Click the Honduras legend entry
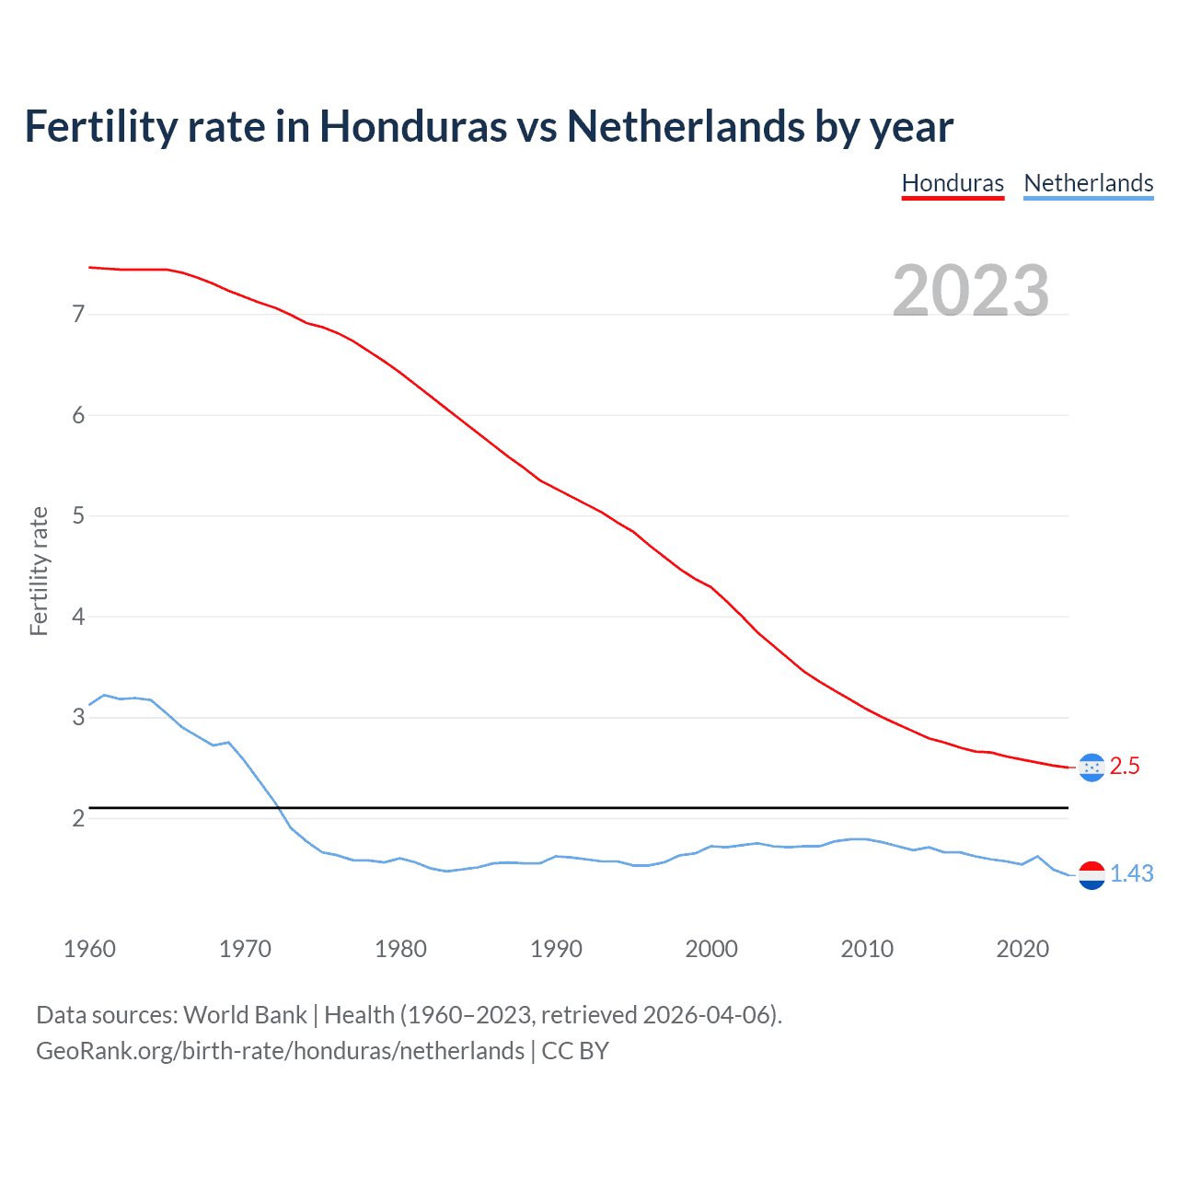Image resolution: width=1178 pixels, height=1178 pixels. pyautogui.click(x=953, y=183)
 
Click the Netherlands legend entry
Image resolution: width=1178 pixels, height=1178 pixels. pyautogui.click(x=1088, y=183)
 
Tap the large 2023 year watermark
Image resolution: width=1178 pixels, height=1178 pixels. pyautogui.click(x=970, y=291)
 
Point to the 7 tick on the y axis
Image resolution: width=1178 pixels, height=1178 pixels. pyautogui.click(x=78, y=315)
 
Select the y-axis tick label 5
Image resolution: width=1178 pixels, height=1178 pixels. pyautogui.click(x=78, y=516)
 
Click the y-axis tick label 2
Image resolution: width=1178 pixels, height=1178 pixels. pyautogui.click(x=78, y=818)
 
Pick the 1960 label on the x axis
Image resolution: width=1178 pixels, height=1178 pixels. pyautogui.click(x=89, y=949)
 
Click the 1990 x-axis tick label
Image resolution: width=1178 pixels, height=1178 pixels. pyautogui.click(x=556, y=949)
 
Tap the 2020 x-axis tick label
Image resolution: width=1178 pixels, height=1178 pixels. pyautogui.click(x=1022, y=949)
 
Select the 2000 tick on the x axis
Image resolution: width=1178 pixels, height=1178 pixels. pyautogui.click(x=711, y=949)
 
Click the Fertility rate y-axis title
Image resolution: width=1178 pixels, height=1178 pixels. pyautogui.click(x=39, y=571)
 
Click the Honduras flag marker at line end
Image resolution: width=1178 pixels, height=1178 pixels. pyautogui.click(x=1091, y=767)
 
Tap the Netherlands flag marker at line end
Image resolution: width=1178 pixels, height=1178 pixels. pyautogui.click(x=1091, y=874)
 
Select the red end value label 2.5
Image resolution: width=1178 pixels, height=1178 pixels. pyautogui.click(x=1125, y=767)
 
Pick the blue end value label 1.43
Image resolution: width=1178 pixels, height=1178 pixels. pyautogui.click(x=1131, y=874)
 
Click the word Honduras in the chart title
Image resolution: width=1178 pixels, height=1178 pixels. pyautogui.click(x=412, y=126)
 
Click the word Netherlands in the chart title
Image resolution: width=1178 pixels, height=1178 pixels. pyautogui.click(x=684, y=126)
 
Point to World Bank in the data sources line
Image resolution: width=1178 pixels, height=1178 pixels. pyautogui.click(x=245, y=1015)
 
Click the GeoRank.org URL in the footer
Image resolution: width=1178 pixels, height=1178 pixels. pyautogui.click(x=280, y=1051)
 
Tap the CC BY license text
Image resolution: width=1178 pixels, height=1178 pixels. pyautogui.click(x=575, y=1051)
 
